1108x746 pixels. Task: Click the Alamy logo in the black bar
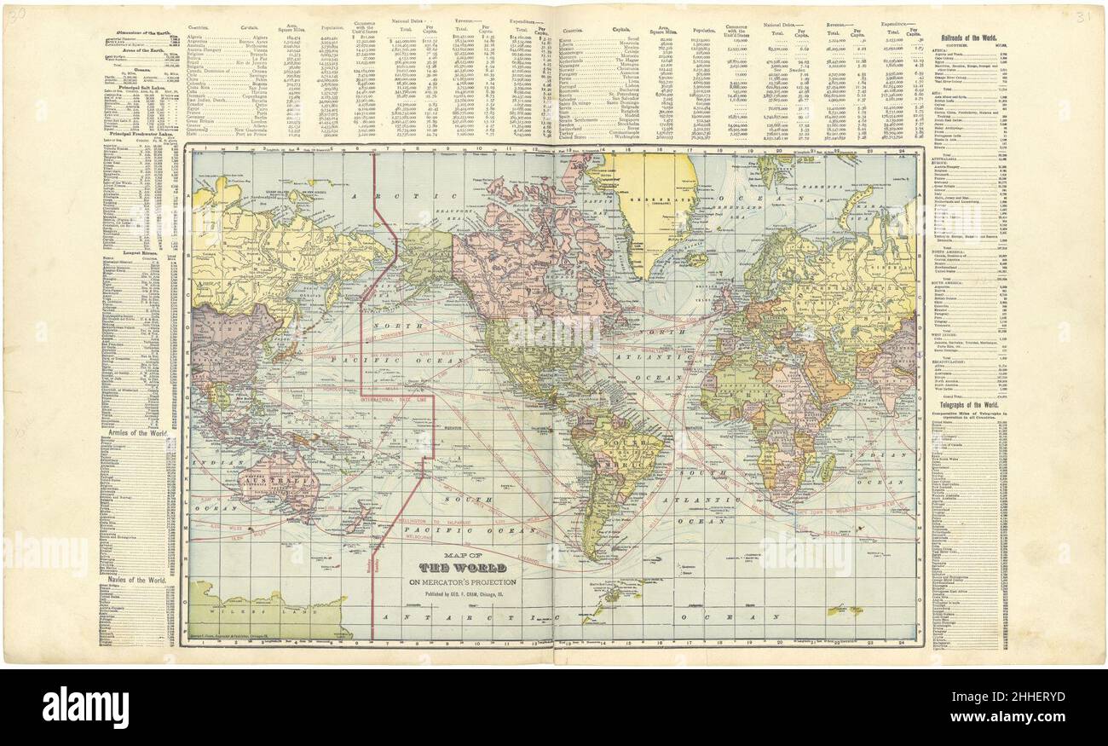click(85, 707)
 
